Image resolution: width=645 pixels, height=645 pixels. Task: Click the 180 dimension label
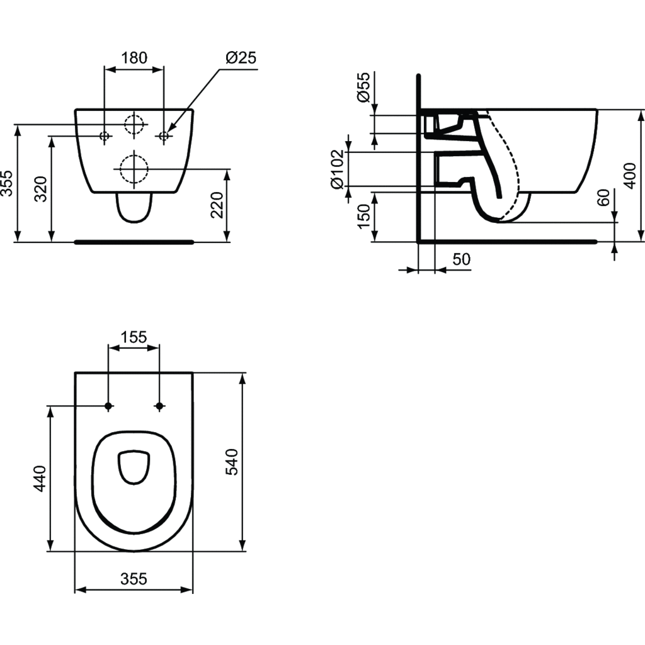(134, 58)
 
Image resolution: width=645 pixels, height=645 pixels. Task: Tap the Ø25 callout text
(241, 57)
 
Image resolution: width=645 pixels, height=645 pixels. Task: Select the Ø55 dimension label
(363, 87)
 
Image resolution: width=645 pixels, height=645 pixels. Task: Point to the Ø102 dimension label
(338, 169)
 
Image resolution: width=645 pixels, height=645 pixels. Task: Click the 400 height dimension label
(629, 176)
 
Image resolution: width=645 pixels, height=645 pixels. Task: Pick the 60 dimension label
(603, 197)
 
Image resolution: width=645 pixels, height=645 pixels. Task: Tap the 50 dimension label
(462, 260)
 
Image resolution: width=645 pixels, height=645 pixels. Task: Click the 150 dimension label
(363, 217)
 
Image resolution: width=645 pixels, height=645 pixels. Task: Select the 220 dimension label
(217, 205)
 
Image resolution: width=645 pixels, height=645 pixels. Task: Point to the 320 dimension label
(40, 189)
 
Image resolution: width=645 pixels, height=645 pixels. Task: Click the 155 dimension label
(134, 338)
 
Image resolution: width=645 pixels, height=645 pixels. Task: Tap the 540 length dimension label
(232, 462)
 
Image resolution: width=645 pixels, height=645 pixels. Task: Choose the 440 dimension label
(40, 479)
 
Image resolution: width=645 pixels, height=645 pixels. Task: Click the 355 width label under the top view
(134, 579)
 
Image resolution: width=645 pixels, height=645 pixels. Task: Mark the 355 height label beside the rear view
(7, 183)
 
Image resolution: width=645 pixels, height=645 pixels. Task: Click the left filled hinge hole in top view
(108, 406)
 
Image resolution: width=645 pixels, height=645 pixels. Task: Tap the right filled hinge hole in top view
(159, 406)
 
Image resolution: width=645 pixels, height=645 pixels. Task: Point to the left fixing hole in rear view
(105, 135)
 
